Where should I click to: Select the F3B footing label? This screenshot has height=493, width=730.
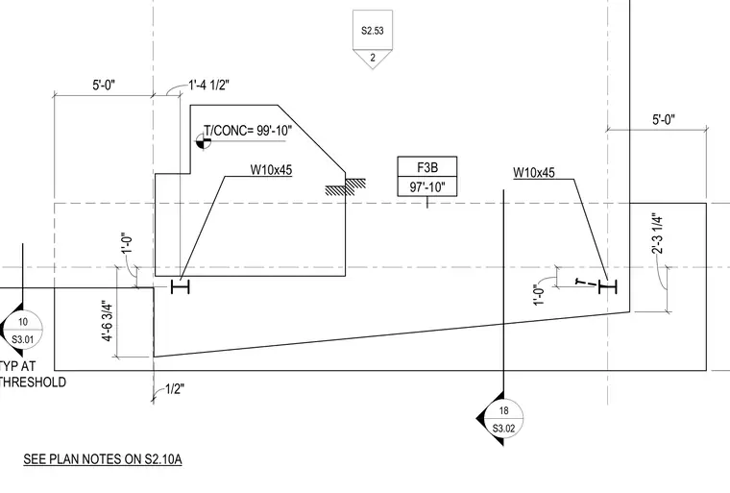pyautogui.click(x=426, y=167)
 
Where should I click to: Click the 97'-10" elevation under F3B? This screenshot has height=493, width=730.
pyautogui.click(x=426, y=186)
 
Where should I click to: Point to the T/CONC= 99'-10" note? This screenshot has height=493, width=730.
pyautogui.click(x=248, y=131)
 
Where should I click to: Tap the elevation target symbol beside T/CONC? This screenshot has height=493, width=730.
pyautogui.click(x=203, y=141)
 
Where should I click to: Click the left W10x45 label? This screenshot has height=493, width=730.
pyautogui.click(x=271, y=169)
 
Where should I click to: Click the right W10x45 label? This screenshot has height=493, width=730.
pyautogui.click(x=533, y=173)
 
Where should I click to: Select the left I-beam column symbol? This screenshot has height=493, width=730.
pyautogui.click(x=181, y=286)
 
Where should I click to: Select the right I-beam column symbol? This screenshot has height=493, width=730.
pyautogui.click(x=607, y=287)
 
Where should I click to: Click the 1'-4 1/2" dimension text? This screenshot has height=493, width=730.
pyautogui.click(x=209, y=86)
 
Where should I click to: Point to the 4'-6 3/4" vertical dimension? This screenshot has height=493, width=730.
pyautogui.click(x=107, y=321)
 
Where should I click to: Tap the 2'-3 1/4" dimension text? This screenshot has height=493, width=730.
pyautogui.click(x=657, y=234)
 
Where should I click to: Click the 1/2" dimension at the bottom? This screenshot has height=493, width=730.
pyautogui.click(x=175, y=388)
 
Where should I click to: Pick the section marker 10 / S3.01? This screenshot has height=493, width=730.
pyautogui.click(x=21, y=330)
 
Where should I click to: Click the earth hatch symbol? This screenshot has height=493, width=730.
pyautogui.click(x=345, y=186)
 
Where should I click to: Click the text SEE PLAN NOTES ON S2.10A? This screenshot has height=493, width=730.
pyautogui.click(x=103, y=459)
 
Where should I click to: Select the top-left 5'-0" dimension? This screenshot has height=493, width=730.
pyautogui.click(x=104, y=86)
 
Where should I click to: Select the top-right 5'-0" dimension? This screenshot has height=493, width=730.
pyautogui.click(x=664, y=120)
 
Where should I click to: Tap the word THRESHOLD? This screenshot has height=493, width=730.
pyautogui.click(x=33, y=382)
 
